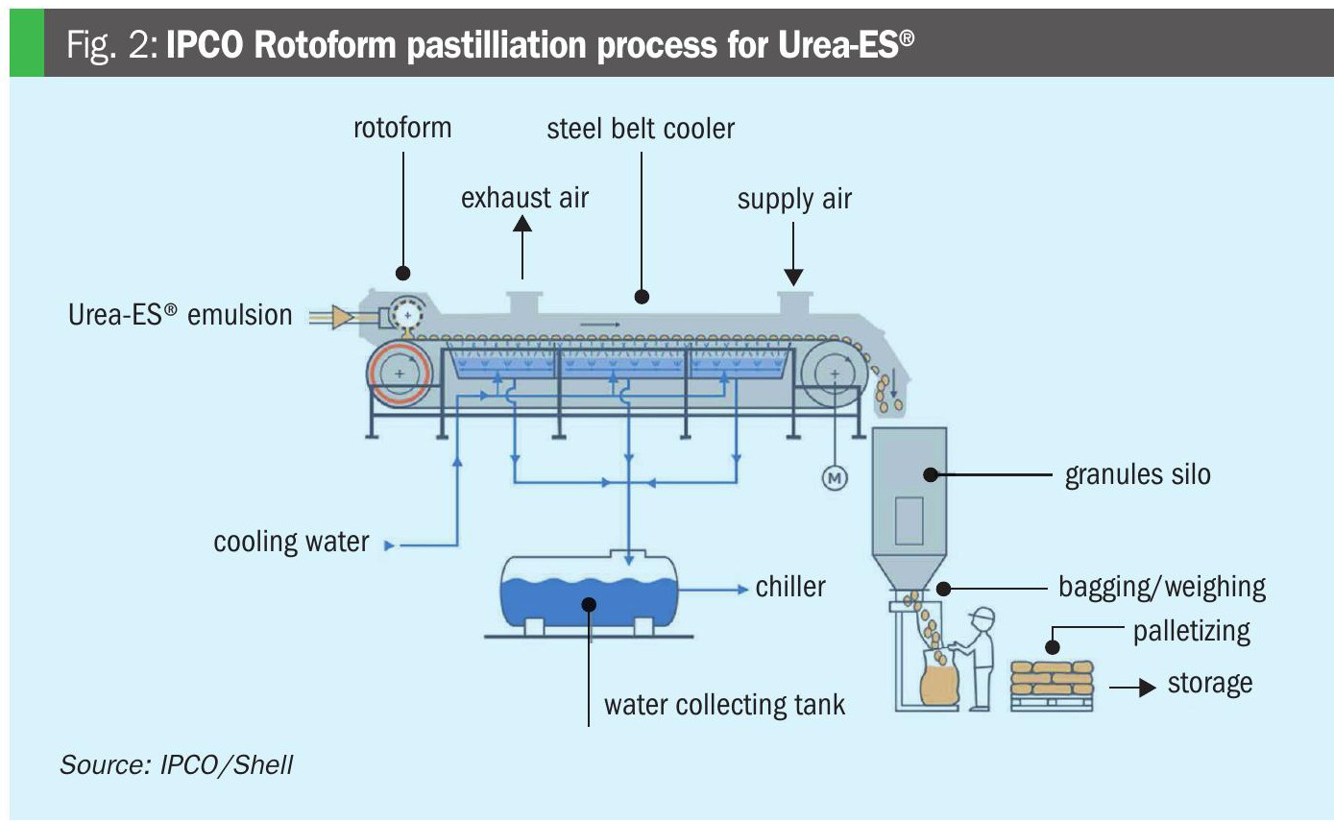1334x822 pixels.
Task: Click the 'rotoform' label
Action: [x=401, y=128]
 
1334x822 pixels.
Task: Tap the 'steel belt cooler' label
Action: [x=641, y=129]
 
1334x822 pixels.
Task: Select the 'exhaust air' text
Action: [x=524, y=198]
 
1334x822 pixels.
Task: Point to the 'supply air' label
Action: [x=794, y=199]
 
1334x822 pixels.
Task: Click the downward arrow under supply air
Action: [x=793, y=254]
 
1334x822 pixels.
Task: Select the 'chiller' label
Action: [x=790, y=587]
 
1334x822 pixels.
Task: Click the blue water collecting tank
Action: [x=588, y=592]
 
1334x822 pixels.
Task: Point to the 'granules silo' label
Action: [x=1137, y=474]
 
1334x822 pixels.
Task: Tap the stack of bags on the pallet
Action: [x=1052, y=679]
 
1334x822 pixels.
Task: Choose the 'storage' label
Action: [x=1209, y=684]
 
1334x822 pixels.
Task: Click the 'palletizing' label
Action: [x=1191, y=632]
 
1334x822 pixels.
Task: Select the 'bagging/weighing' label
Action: [x=1161, y=587]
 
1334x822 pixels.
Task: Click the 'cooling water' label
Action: [x=291, y=542]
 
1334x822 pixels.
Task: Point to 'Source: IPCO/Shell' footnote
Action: [x=176, y=764]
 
